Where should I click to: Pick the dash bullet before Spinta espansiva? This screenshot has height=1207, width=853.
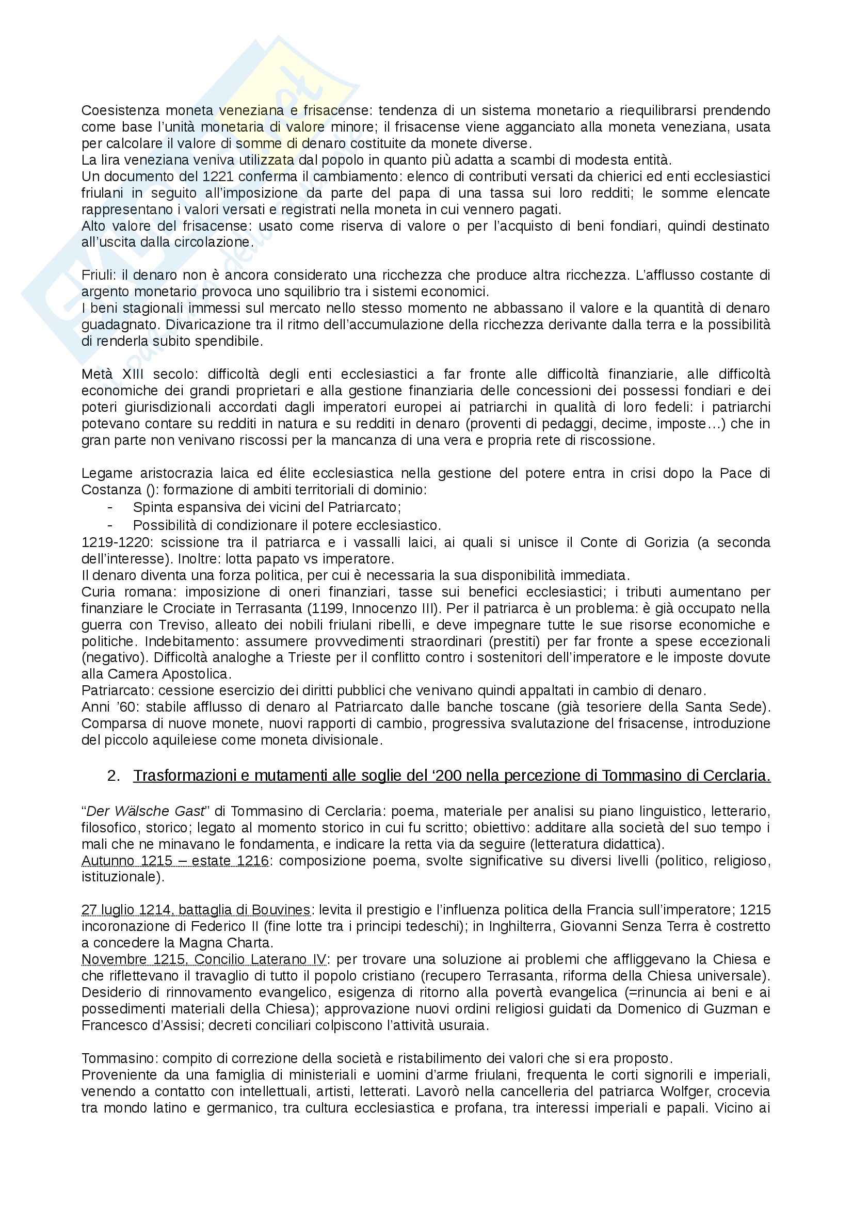110,508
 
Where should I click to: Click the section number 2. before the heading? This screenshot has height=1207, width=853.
115,776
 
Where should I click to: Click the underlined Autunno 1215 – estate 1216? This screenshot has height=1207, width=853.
175,861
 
